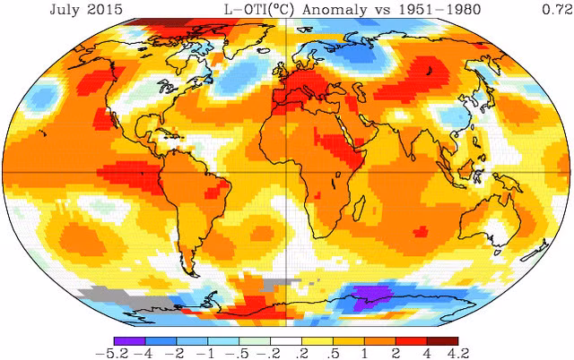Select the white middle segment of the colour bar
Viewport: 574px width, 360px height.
pyautogui.click(x=284, y=339)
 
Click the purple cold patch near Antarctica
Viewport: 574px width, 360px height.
pyautogui.click(x=370, y=296)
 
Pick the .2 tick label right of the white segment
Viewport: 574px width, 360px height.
pyautogui.click(x=302, y=352)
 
